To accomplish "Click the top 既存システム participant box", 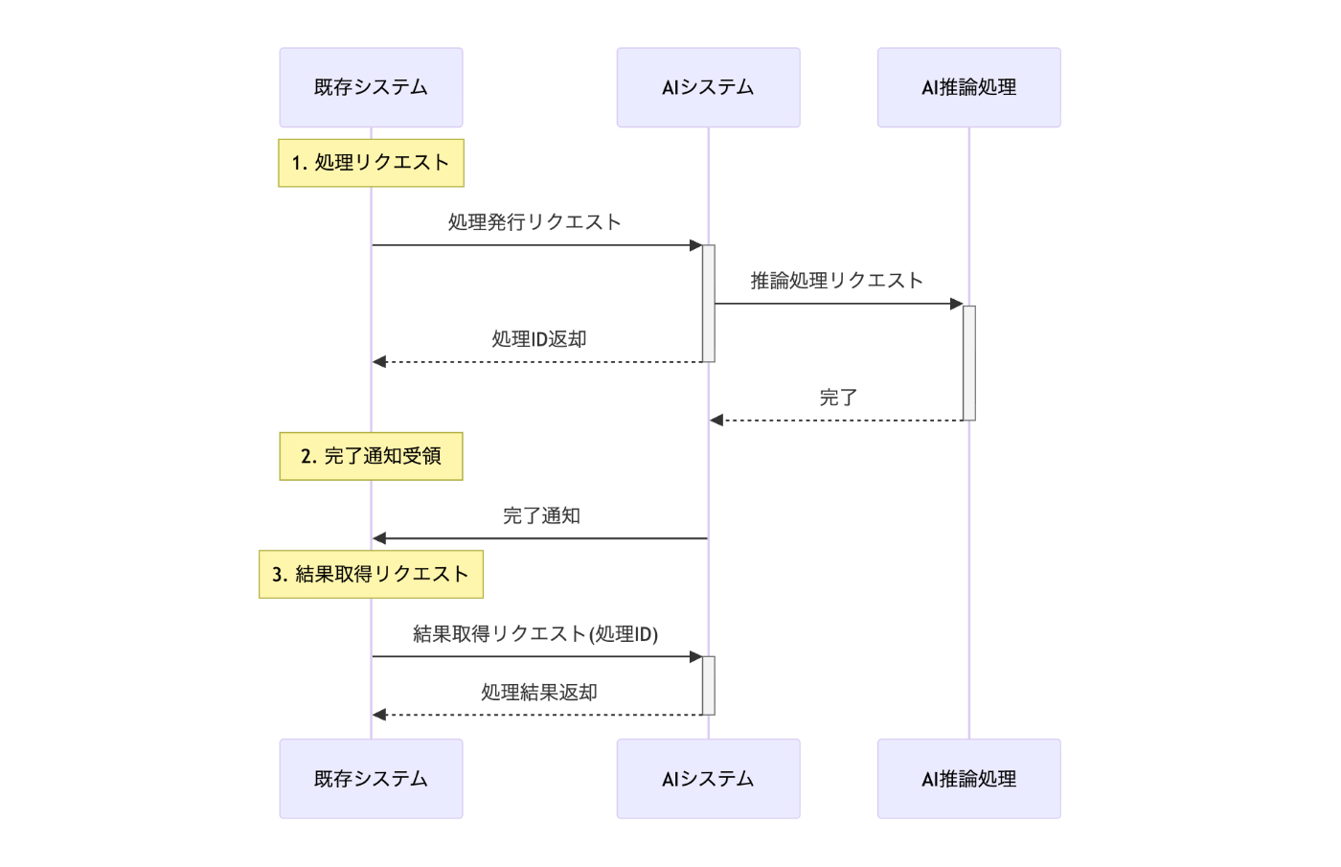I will click(371, 87).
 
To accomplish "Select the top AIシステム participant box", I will click(708, 87).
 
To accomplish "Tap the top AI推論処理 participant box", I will click(968, 87).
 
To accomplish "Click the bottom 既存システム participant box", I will click(371, 778).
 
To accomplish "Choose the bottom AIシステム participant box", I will click(708, 778).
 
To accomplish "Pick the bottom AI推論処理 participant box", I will click(968, 778).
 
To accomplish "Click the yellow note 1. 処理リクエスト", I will click(371, 163).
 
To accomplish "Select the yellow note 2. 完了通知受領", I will click(371, 456).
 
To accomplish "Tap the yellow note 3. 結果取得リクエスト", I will click(371, 574).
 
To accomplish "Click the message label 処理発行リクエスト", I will click(534, 222).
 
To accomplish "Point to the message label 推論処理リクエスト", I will click(836, 281).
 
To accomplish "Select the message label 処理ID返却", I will click(538, 339).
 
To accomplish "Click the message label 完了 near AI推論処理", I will click(838, 398).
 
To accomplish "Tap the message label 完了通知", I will click(541, 515).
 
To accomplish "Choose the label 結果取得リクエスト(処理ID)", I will click(535, 633).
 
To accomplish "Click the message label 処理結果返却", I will click(538, 692).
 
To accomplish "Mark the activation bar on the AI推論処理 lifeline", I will click(968, 362).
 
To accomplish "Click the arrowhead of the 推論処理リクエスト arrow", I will click(956, 304).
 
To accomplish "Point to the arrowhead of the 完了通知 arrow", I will click(379, 538).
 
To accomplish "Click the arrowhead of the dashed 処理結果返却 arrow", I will click(379, 715).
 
